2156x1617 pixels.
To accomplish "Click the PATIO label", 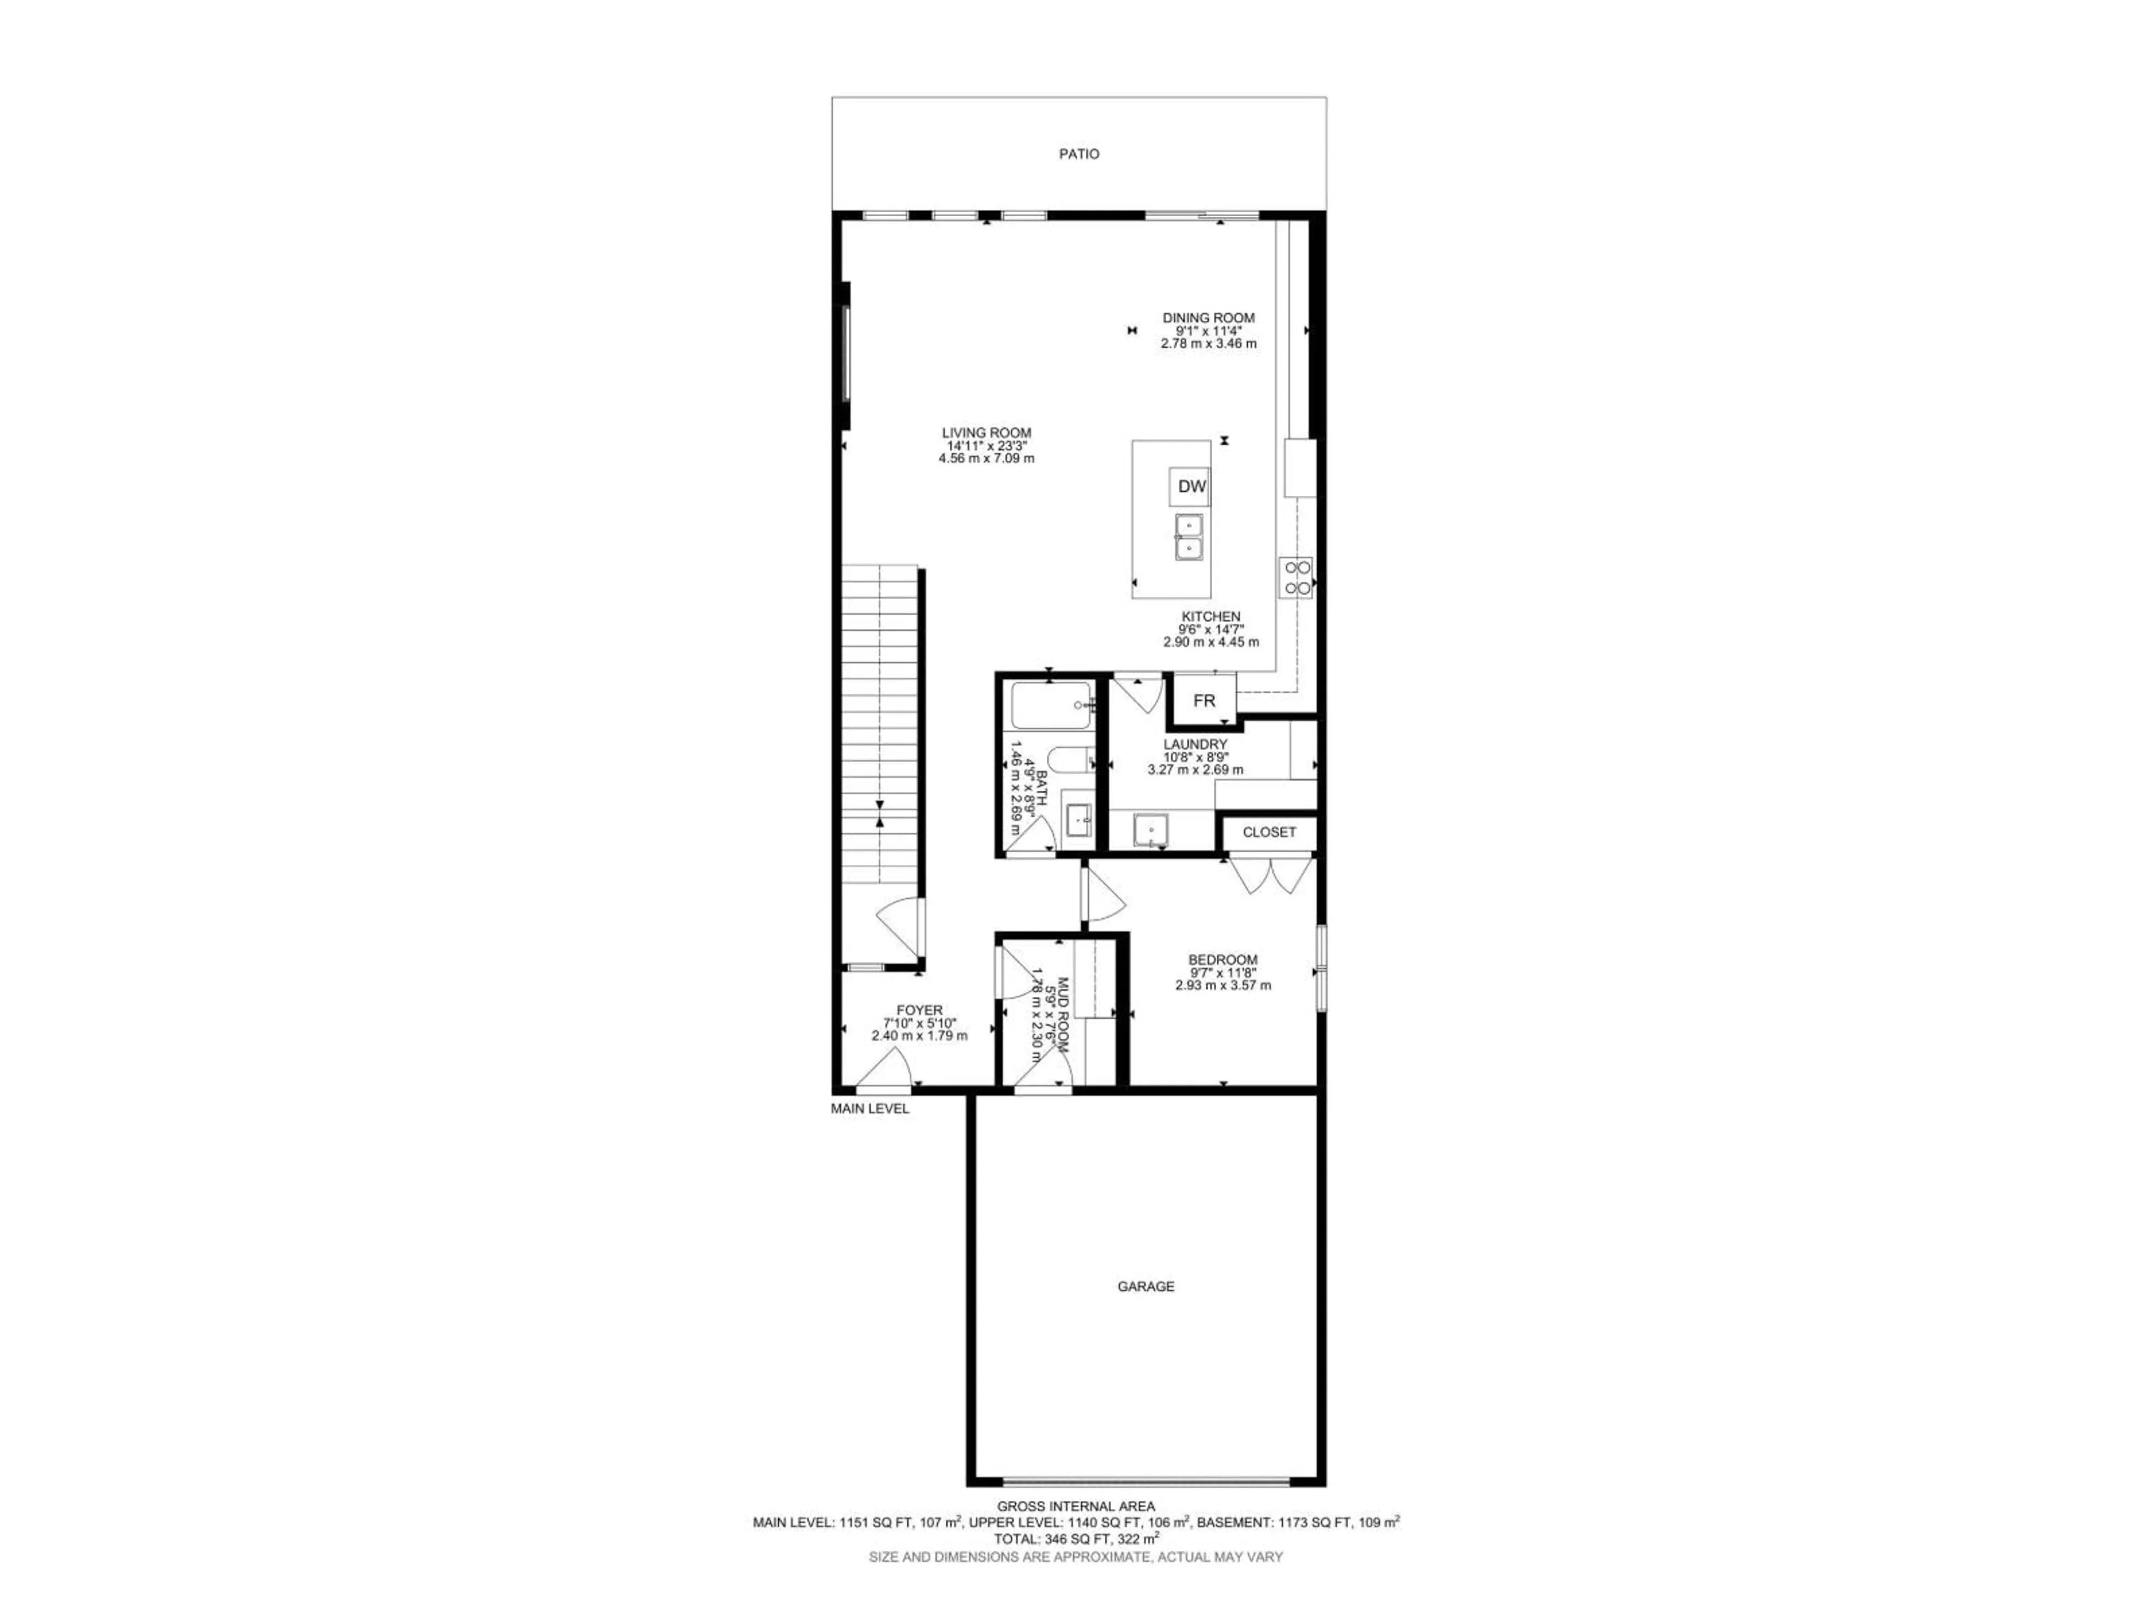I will (1079, 154).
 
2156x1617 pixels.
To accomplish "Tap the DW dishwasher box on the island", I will (1191, 486).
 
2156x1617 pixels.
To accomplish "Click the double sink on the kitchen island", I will (1189, 537).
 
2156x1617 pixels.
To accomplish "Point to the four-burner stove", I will (1296, 577).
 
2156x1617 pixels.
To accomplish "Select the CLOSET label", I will (1269, 833).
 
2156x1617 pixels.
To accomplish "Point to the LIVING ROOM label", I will (986, 433).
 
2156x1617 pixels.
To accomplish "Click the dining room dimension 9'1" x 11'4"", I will (1208, 330).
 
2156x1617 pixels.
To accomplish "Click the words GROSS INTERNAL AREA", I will (1076, 1506).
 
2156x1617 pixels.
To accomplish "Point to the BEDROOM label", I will (1222, 960).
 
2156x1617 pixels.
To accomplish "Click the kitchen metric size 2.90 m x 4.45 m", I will (1211, 642).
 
